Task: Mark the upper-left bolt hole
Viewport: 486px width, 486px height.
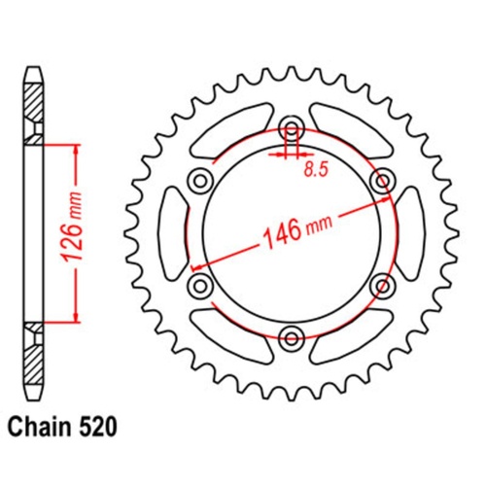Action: click(x=200, y=180)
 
